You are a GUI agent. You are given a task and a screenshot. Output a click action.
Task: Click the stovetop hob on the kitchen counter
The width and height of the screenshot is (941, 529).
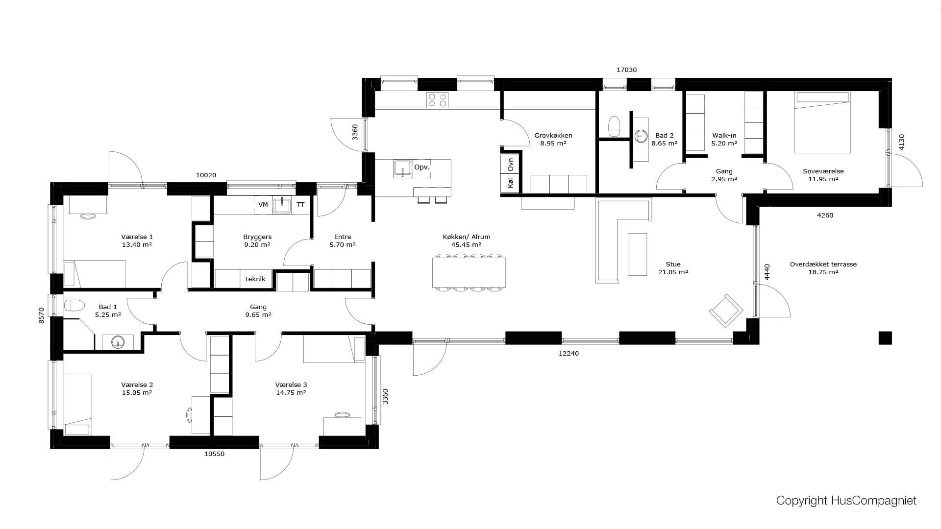[x=438, y=100]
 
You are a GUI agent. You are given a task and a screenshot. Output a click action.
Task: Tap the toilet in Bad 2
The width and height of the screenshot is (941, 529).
[x=614, y=126]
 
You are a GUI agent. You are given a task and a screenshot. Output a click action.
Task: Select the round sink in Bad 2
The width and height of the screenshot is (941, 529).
[x=641, y=136]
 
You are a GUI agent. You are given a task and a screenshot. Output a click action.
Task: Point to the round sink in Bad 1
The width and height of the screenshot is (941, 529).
[x=118, y=342]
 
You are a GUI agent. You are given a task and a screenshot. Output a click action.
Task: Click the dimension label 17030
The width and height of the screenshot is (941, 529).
[x=626, y=70]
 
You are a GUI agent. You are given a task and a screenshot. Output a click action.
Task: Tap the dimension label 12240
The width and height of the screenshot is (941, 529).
[x=569, y=353]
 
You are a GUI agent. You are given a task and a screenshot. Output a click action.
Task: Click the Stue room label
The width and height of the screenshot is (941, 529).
[x=673, y=264]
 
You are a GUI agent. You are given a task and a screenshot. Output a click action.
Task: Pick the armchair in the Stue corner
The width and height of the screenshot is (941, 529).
[x=726, y=311]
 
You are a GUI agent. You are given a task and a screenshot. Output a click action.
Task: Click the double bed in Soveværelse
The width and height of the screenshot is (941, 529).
[x=822, y=122]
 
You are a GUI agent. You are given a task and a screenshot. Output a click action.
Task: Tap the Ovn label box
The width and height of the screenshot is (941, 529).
[x=510, y=164]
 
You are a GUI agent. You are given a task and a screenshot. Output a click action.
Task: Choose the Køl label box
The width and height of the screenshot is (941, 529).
[x=510, y=183]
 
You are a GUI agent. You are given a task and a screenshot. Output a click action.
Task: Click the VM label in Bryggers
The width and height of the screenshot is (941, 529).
[x=263, y=205]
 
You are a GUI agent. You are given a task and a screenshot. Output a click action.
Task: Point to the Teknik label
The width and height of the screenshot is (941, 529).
[x=255, y=279]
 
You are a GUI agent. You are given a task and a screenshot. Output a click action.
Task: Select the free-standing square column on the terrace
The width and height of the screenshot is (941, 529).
[x=885, y=337]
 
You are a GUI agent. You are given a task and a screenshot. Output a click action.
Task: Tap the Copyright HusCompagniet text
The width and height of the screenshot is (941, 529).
[x=846, y=501]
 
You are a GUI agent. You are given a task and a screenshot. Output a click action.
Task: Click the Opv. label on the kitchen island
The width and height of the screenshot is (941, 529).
[x=421, y=167]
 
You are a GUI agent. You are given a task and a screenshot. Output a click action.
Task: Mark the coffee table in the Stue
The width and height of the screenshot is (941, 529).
[x=637, y=254]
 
